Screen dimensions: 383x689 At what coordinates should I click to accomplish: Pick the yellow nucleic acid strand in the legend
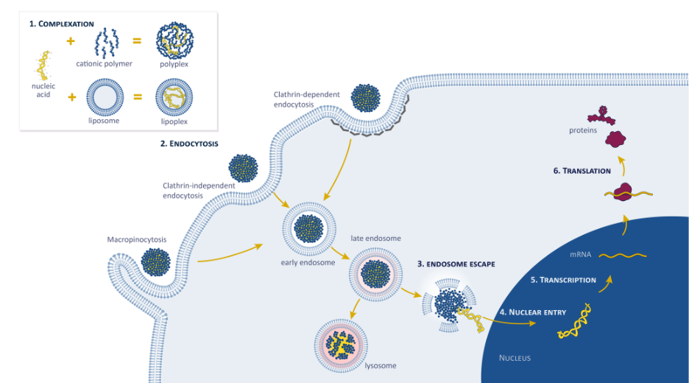click(43, 66)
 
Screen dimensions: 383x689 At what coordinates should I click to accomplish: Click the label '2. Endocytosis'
click(189, 144)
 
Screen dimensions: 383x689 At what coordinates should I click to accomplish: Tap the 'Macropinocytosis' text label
click(137, 239)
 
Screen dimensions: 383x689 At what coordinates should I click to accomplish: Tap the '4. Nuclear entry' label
click(532, 312)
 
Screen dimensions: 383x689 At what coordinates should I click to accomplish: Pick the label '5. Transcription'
click(563, 280)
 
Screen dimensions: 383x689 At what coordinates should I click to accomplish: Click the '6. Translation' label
click(582, 171)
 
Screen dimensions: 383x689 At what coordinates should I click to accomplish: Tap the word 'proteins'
click(583, 130)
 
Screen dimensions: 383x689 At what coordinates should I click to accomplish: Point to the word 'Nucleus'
click(515, 358)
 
